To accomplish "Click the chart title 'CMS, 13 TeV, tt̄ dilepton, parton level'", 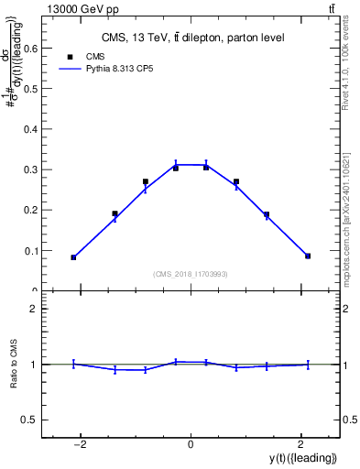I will [191, 38].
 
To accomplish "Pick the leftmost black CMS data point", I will [73, 257].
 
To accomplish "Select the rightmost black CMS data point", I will [308, 256].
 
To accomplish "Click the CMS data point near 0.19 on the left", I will [115, 213].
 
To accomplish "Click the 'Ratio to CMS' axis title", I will [15, 364].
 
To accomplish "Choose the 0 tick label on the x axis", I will [191, 445].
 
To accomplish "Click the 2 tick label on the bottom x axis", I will [300, 445].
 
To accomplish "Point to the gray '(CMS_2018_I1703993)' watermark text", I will [191, 274].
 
